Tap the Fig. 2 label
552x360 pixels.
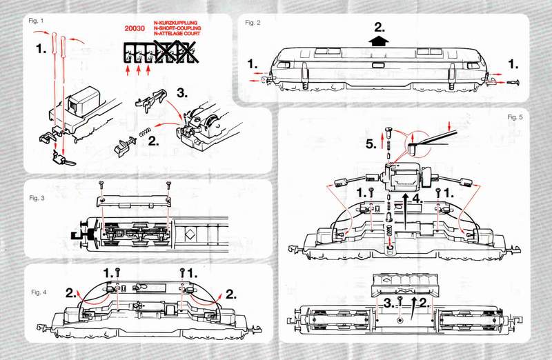click(253, 23)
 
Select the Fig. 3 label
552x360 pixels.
click(37, 199)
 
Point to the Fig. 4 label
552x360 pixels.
click(39, 292)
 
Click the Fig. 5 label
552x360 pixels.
click(515, 117)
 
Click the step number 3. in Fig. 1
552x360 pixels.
click(184, 92)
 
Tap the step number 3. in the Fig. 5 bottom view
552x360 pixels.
click(391, 301)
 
